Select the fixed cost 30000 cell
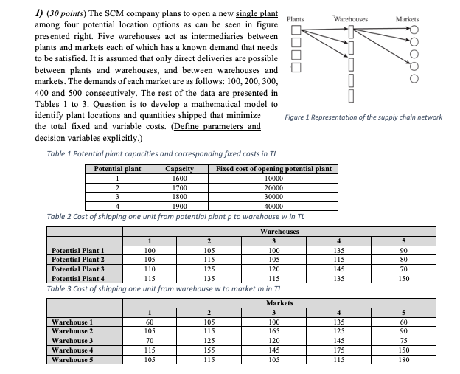coord(273,197)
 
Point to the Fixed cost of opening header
coord(273,169)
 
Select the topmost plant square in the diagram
coord(295,30)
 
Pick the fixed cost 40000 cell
coord(273,207)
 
